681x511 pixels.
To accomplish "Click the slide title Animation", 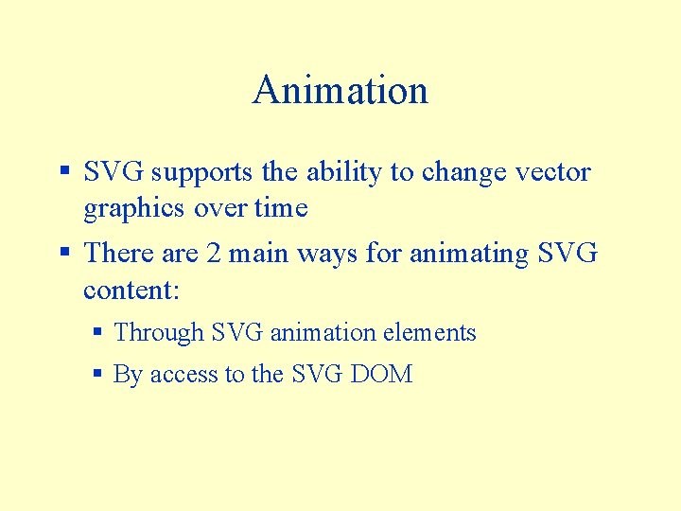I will (340, 91).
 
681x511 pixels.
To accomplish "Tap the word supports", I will (201, 173).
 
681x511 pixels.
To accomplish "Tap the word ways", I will (327, 254).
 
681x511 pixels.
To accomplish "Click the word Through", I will (159, 333).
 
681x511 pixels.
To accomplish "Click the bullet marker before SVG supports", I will (65, 172).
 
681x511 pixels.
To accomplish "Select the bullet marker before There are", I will (65, 254).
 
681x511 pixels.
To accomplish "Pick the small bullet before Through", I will (98, 333).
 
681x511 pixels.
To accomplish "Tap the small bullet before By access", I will (98, 375).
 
